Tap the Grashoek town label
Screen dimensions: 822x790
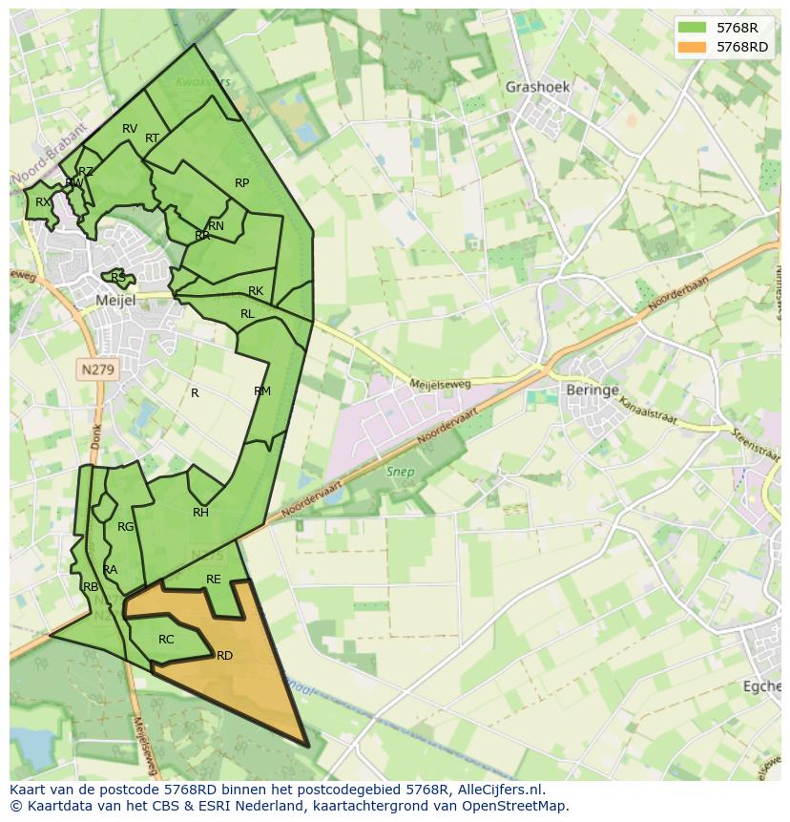point(537,87)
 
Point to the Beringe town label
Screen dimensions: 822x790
point(592,390)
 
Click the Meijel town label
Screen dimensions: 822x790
point(117,300)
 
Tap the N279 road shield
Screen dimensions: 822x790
point(98,369)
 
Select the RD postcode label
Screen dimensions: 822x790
point(225,656)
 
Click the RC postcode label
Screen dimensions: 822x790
point(166,640)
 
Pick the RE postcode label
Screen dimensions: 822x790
point(214,580)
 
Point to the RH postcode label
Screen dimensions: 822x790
point(200,513)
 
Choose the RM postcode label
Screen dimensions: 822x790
point(262,391)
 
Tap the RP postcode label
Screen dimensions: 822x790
point(241,183)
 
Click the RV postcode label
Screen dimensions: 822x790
point(130,129)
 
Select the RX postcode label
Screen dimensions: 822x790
point(43,202)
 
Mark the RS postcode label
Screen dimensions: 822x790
point(118,278)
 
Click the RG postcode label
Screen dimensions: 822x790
point(125,527)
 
